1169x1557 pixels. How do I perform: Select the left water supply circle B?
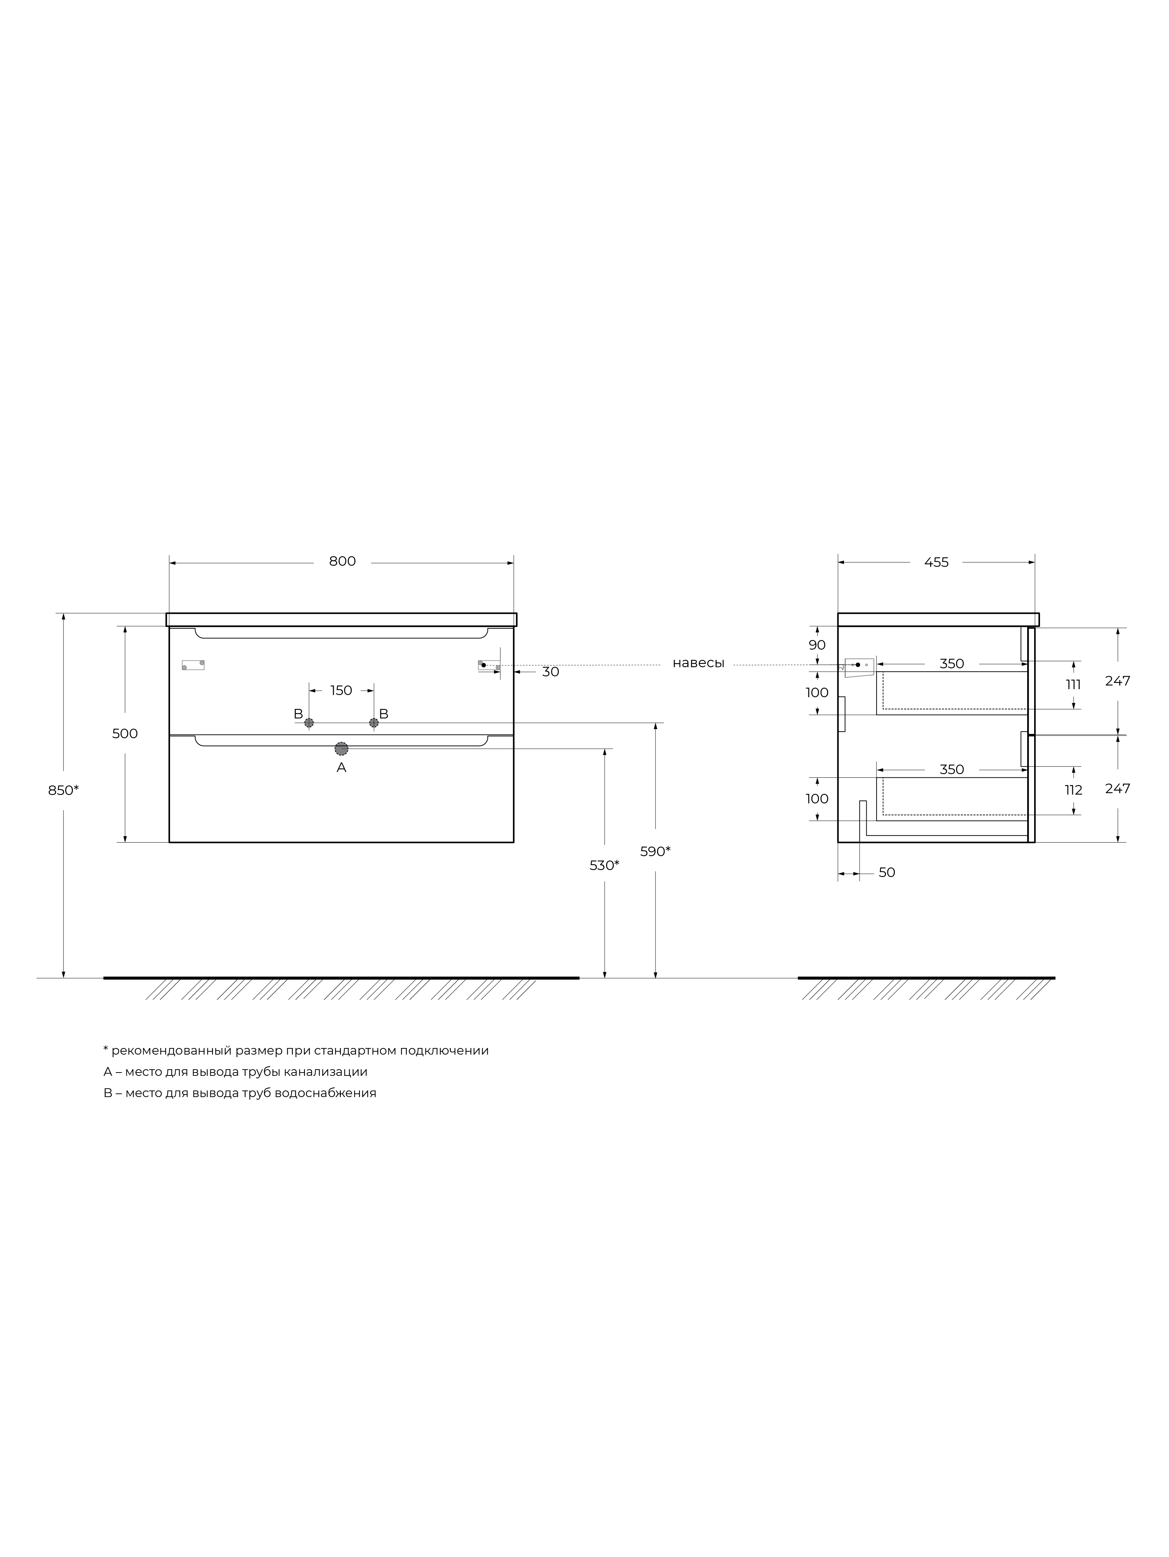click(x=309, y=723)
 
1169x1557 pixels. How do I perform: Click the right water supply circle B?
click(x=374, y=723)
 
